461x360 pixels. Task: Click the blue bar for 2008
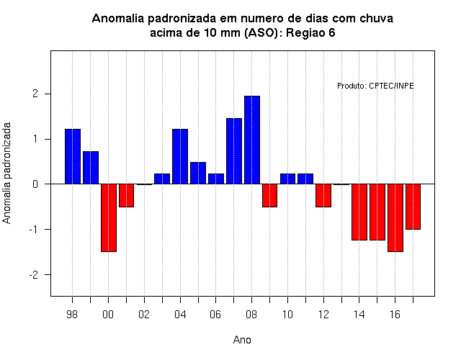(x=252, y=140)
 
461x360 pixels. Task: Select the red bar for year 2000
(x=109, y=217)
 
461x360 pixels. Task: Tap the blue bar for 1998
(x=73, y=157)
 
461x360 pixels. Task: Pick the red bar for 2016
(x=395, y=217)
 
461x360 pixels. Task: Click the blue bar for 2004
(x=180, y=157)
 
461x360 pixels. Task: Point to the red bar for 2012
(x=323, y=195)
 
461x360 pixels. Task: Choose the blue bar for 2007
(x=234, y=151)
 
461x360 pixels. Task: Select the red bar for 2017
(x=413, y=207)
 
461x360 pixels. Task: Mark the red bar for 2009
(x=269, y=195)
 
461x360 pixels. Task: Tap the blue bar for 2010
(x=287, y=179)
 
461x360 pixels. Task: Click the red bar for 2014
(x=359, y=212)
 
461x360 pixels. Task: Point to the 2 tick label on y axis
(x=35, y=94)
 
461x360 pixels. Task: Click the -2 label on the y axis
(x=34, y=275)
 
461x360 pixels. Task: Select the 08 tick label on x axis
(x=251, y=315)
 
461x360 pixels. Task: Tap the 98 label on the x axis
(x=72, y=315)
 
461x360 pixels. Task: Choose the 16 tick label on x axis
(x=395, y=315)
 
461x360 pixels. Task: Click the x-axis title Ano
(x=242, y=340)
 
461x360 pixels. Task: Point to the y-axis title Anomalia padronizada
(x=6, y=173)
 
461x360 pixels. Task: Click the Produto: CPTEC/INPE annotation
(x=375, y=86)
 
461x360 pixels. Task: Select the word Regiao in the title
(x=302, y=32)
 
